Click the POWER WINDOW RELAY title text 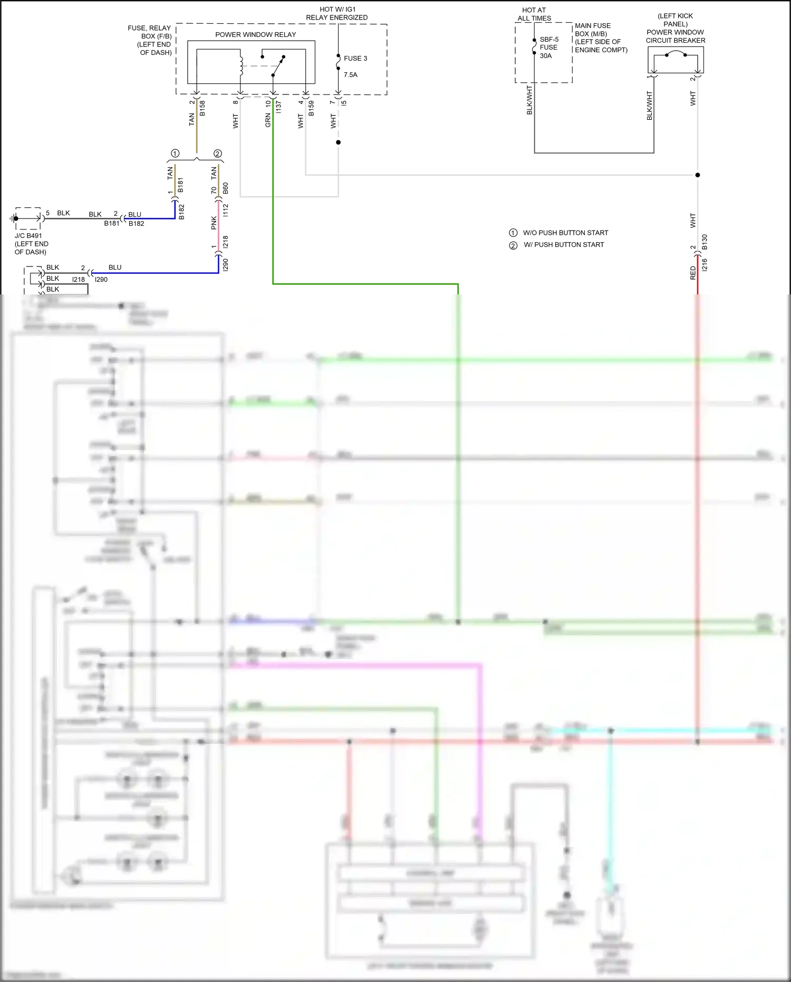(255, 35)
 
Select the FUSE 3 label (355, 59)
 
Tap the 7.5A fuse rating (351, 75)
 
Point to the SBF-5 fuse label (549, 40)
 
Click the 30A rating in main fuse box (546, 56)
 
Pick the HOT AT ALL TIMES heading (534, 14)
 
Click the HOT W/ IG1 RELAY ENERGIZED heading (337, 14)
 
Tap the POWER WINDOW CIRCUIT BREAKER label (676, 36)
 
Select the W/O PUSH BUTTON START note (565, 233)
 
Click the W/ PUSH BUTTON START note (564, 245)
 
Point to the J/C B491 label (28, 236)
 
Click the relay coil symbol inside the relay (241, 66)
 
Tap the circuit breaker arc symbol (676, 53)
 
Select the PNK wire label (214, 223)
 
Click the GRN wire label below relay (268, 120)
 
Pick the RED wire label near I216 (693, 273)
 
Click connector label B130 (705, 242)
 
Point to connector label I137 (278, 107)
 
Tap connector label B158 (202, 108)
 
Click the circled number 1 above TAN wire (175, 154)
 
